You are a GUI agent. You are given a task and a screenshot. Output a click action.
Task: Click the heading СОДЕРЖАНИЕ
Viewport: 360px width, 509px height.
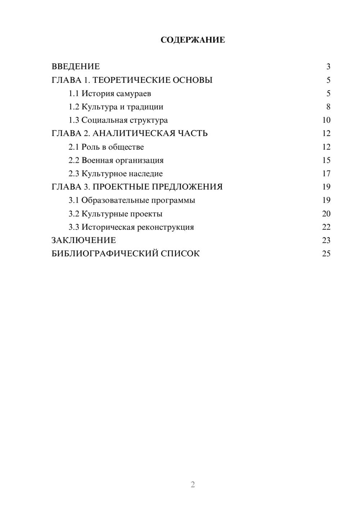click(x=193, y=40)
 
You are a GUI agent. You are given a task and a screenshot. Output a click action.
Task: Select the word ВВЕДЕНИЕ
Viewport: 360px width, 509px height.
click(x=76, y=67)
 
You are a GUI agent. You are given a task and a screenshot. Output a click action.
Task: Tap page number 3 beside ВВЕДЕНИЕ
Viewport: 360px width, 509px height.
click(x=328, y=67)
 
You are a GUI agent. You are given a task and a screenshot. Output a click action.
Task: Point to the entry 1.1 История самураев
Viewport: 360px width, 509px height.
click(x=110, y=94)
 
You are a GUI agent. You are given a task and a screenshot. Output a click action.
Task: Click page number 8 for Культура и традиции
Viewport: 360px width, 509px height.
click(x=328, y=107)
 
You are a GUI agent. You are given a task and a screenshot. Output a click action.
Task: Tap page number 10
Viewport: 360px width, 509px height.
click(x=326, y=120)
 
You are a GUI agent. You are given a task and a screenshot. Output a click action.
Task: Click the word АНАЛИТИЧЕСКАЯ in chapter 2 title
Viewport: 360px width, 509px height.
click(x=133, y=134)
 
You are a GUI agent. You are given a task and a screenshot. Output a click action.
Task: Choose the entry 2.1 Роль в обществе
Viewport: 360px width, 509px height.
click(x=106, y=147)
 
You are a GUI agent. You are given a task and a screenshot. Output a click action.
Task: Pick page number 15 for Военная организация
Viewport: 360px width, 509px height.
click(x=326, y=160)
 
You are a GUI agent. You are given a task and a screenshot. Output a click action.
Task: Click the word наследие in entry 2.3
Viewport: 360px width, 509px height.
click(x=146, y=174)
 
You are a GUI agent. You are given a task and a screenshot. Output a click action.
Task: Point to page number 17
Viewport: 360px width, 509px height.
click(x=326, y=174)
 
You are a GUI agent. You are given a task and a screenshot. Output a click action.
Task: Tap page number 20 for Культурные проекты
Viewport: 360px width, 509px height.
click(x=326, y=214)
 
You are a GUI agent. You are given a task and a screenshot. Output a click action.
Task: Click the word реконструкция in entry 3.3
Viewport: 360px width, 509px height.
click(x=166, y=228)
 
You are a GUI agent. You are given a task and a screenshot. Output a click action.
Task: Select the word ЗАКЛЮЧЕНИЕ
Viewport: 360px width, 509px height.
click(x=84, y=240)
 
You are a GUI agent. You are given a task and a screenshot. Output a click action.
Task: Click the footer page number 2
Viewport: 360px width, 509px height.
click(x=193, y=485)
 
